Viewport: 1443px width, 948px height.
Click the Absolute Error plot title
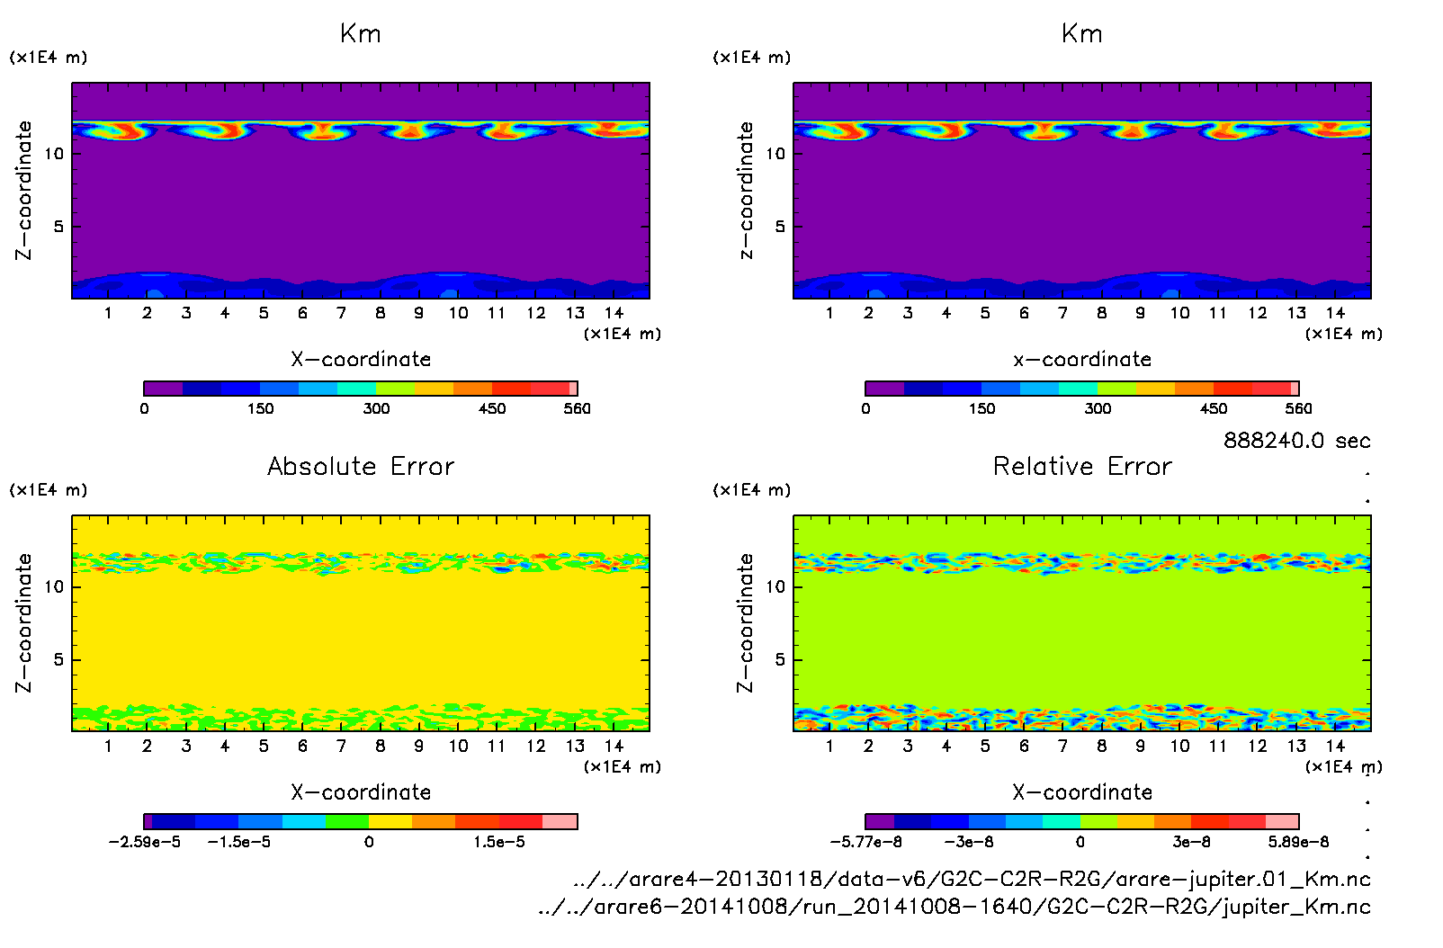(x=361, y=466)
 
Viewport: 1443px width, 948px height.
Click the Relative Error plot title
(x=1082, y=466)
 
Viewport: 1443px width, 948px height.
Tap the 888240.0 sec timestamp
(x=1296, y=441)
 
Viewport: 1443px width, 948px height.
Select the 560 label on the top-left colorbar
(x=577, y=408)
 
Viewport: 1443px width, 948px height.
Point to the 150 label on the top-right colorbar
(x=981, y=408)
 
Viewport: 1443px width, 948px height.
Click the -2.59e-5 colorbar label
(x=145, y=842)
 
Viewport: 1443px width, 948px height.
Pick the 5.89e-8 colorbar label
(x=1298, y=842)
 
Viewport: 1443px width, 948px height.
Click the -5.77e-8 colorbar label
(x=866, y=842)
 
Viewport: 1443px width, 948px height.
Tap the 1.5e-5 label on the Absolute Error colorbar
(x=499, y=842)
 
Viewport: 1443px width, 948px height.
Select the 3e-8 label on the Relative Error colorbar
(x=1191, y=842)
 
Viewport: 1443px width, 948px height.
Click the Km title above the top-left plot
(x=361, y=34)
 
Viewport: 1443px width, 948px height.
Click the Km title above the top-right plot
(x=1082, y=34)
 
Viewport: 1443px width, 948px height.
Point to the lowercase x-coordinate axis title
(x=1082, y=360)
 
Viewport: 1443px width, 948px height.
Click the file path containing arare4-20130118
(x=972, y=879)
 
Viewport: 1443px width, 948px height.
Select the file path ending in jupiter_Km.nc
(x=954, y=907)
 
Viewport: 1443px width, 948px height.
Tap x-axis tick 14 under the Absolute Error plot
(x=614, y=746)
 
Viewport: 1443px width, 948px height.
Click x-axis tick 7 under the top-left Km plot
(x=341, y=313)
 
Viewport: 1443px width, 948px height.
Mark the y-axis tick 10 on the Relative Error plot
(x=775, y=586)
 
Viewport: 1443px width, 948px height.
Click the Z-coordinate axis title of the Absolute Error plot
(x=23, y=622)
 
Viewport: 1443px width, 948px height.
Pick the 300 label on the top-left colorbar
(x=376, y=408)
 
